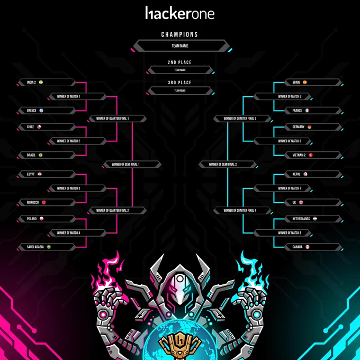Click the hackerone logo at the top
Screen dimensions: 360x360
pyautogui.click(x=180, y=13)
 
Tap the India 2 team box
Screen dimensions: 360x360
pyautogui.click(x=47, y=83)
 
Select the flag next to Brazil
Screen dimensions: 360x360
pyautogui.click(x=41, y=155)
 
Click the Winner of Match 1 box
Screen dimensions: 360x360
pyautogui.click(x=78, y=96)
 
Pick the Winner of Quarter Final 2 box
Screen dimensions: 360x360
pyautogui.click(x=118, y=210)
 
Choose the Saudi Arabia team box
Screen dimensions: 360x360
pyautogui.click(x=47, y=247)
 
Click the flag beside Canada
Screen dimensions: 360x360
pyautogui.click(x=308, y=247)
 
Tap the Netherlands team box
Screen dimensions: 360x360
pyautogui.click(x=313, y=219)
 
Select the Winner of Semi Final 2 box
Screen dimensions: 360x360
pyautogui.click(x=228, y=165)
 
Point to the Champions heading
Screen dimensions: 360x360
pyautogui.click(x=179, y=34)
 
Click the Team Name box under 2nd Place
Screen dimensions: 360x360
pyautogui.click(x=180, y=70)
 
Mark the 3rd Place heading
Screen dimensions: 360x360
pyautogui.click(x=179, y=83)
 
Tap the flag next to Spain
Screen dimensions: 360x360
pyautogui.click(x=304, y=82)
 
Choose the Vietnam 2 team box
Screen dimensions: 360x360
pyautogui.click(x=313, y=155)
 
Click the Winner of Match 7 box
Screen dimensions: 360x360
pyautogui.click(x=282, y=188)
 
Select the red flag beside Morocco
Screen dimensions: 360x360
pyautogui.click(x=43, y=202)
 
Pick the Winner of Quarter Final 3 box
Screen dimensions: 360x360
pyautogui.click(x=242, y=119)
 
